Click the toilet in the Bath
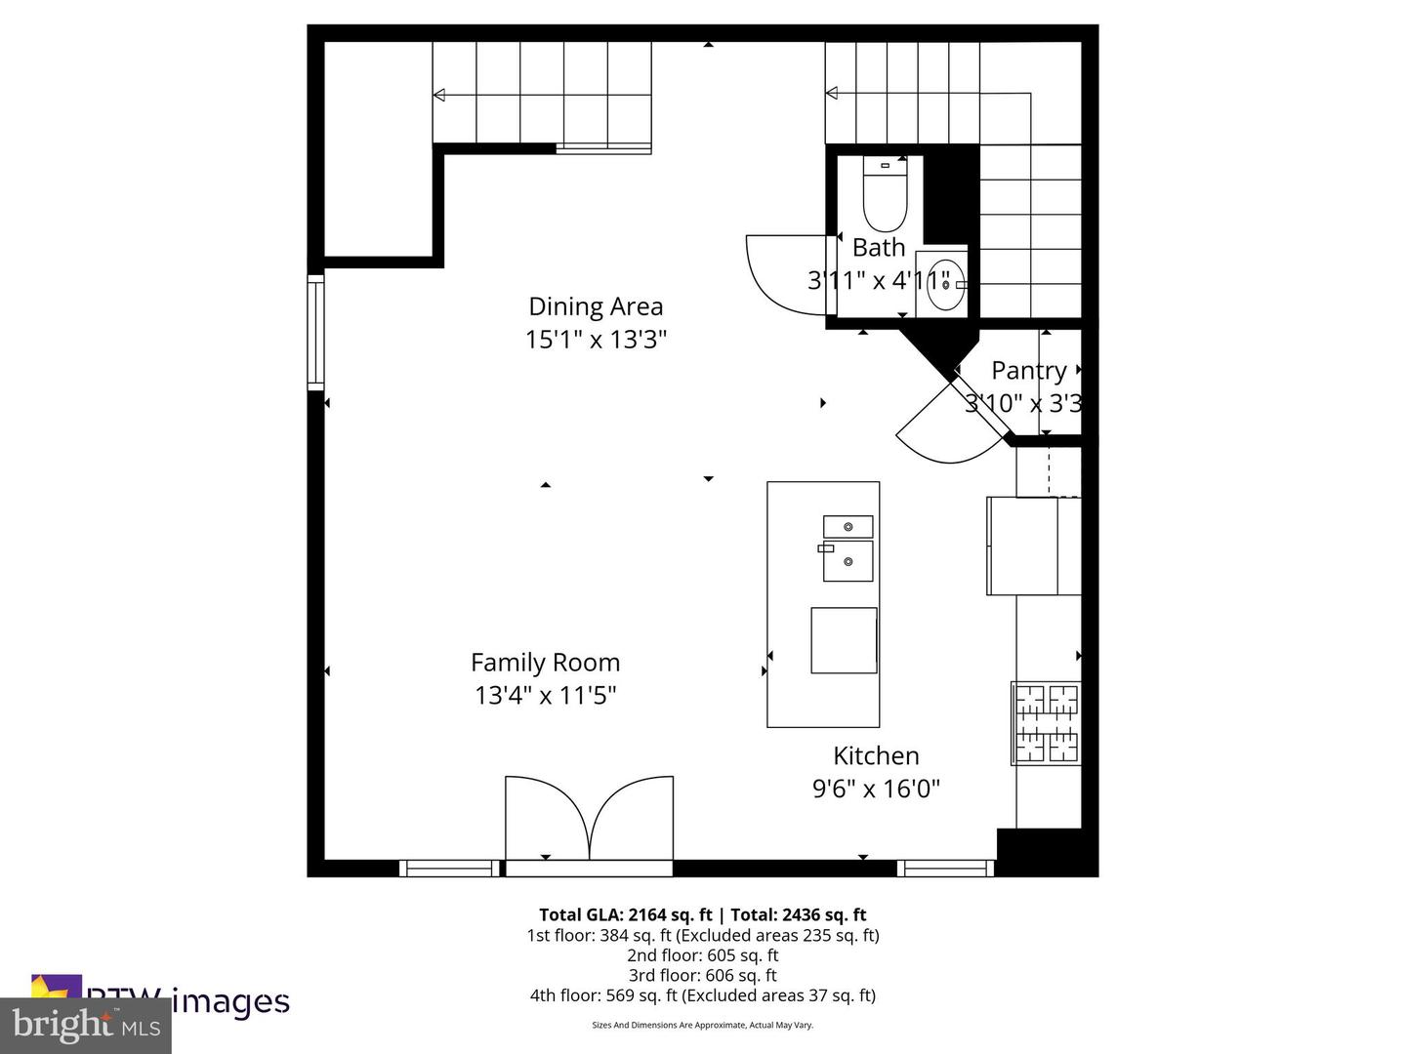(885, 195)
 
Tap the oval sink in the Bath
(945, 285)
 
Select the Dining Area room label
(596, 306)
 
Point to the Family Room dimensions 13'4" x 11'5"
(545, 696)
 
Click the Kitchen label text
(876, 756)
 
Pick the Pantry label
(1028, 371)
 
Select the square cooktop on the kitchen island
(844, 640)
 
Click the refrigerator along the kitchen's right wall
(1033, 546)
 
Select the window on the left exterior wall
(315, 333)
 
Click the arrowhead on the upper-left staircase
(439, 95)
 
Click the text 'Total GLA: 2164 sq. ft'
(625, 915)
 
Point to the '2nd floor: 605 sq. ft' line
(703, 955)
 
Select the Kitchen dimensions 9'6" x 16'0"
(876, 790)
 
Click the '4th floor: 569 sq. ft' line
(703, 995)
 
